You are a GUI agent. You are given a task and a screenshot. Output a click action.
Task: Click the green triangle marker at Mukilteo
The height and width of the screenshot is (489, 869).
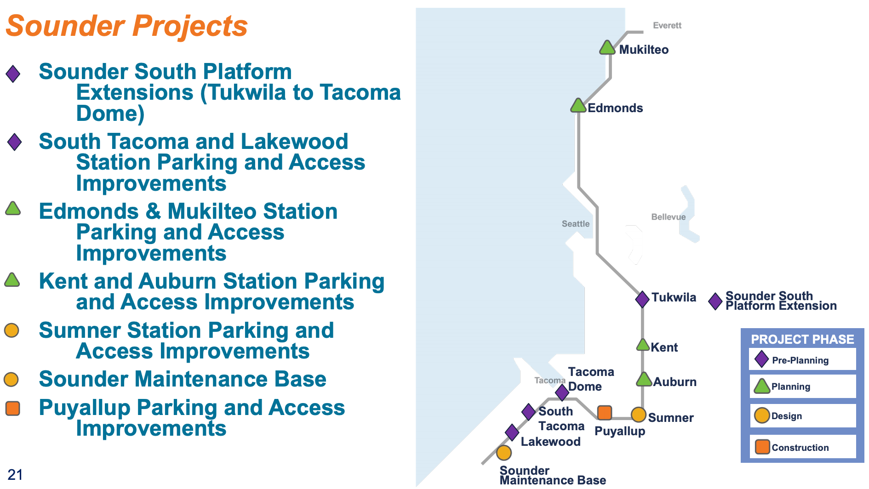coord(607,48)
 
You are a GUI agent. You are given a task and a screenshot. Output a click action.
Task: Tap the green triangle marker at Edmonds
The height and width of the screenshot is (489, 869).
coord(578,106)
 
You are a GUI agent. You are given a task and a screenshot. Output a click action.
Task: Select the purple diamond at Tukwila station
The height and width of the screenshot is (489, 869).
coord(642,299)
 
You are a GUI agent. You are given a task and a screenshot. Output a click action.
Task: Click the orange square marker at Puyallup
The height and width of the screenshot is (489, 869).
coord(604,413)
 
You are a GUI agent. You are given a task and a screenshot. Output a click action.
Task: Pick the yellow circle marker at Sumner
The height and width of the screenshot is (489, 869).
coord(638,415)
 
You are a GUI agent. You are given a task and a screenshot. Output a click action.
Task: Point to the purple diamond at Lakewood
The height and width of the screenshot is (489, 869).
coord(512,432)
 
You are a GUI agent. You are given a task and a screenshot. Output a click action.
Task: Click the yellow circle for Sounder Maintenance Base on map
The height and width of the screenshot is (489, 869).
coord(504,453)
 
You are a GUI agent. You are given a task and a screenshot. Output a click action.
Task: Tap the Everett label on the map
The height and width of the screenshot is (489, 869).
coord(667,26)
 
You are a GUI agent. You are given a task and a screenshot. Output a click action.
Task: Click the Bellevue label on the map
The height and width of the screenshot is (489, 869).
coord(668,217)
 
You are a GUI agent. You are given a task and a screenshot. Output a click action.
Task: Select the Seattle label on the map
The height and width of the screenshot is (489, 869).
coord(575,224)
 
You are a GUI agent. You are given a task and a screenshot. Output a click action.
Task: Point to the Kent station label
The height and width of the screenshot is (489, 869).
coord(664,347)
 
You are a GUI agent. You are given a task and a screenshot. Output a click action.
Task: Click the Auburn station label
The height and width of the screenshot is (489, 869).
coord(675,382)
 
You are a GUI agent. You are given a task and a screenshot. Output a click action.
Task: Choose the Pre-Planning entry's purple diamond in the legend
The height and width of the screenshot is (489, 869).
coord(761,359)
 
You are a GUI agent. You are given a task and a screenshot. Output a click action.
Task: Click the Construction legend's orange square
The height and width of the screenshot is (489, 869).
coord(762,446)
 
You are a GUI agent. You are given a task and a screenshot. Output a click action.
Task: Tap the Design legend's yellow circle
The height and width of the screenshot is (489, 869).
coord(762,415)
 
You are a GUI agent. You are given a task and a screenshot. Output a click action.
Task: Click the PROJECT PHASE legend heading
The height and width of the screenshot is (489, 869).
coord(802,339)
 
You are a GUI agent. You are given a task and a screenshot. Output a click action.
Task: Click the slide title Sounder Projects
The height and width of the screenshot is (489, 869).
coord(127,26)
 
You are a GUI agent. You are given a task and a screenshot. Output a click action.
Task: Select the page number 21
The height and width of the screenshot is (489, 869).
coord(15,475)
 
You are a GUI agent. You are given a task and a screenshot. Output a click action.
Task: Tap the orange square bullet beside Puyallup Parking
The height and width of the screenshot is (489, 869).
coord(13,408)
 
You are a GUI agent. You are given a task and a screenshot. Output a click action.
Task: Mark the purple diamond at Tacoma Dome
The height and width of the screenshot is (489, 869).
coord(562,392)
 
